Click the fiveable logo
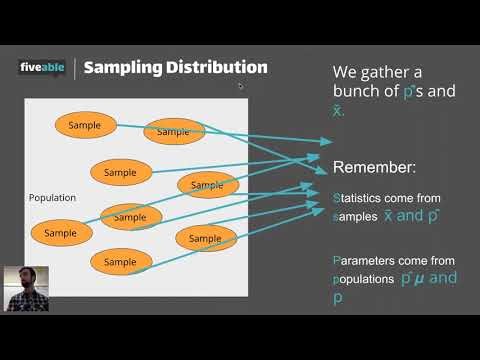coord(42,67)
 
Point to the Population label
coord(52,198)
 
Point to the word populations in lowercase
coord(363,280)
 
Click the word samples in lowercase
coord(355,216)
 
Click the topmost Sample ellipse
coord(85,125)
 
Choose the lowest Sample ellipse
coord(120,262)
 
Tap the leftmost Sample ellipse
coord(60,233)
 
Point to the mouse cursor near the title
coord(240,86)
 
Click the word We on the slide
coord(345,72)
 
